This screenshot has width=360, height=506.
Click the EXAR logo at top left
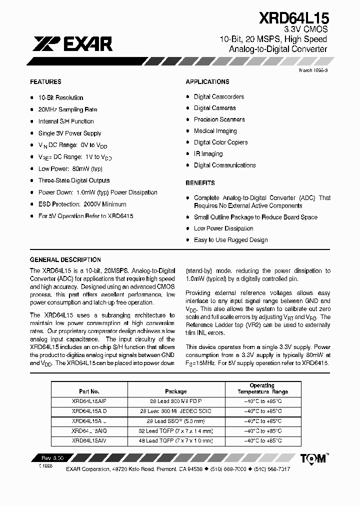pos(72,44)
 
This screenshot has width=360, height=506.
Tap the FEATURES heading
pos(45,81)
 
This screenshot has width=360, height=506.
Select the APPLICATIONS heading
pos(207,81)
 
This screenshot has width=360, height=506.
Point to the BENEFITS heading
pos(200,183)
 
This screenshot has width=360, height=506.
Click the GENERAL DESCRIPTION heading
pos(65,260)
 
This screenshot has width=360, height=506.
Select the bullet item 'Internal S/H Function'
pos(66,121)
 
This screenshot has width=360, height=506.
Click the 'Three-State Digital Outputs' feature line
pos(74,180)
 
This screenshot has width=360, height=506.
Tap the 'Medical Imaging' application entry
pos(215,131)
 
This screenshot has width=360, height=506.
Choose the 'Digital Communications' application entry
pos(224,165)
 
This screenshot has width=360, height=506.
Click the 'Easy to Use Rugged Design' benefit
pos(230,240)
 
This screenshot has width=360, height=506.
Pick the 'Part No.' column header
pos(89,391)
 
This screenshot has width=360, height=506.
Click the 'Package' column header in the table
pos(175,391)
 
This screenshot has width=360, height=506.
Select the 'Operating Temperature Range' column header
pos(262,388)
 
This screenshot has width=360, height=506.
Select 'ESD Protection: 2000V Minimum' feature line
pos(82,204)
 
